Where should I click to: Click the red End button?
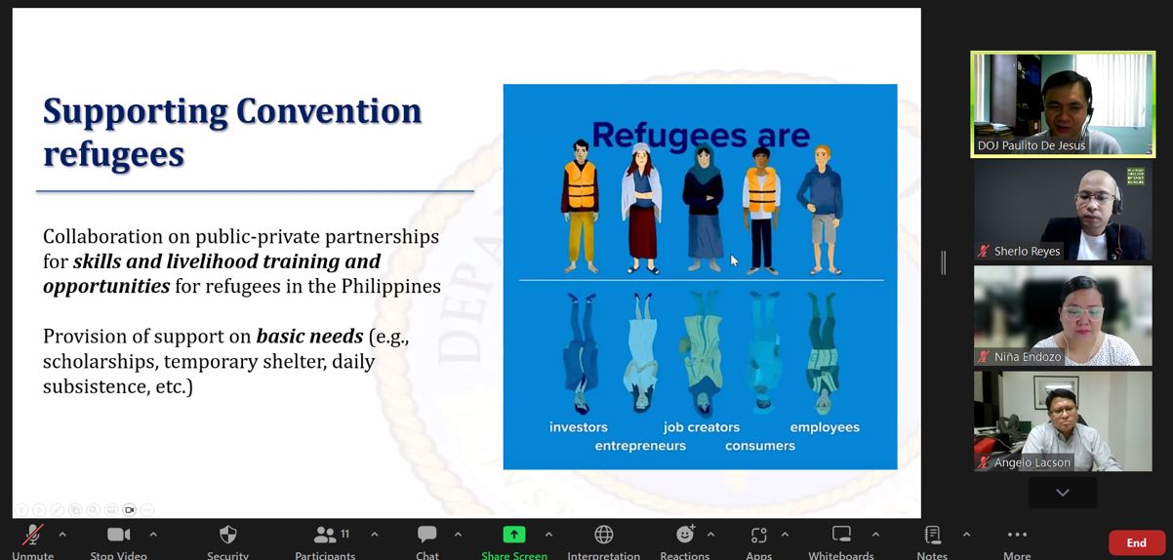1136,542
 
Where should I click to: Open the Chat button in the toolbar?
426,535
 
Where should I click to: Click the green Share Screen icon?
513,535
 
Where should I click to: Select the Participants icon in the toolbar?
325,535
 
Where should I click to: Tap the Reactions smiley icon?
685,535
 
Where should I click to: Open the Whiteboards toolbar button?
840,535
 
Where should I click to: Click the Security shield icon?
227,535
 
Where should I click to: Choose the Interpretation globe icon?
603,535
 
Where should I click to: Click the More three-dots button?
1016,535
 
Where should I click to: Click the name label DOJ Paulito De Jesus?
1031,146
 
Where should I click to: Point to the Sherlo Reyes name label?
1027,252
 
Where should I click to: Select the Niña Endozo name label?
1027,357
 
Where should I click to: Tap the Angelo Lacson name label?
1031,462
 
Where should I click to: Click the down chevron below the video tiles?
1062,493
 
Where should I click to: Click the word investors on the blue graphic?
578,427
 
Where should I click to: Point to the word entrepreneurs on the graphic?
640,446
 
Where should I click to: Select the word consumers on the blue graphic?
759,446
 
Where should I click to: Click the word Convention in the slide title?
327,111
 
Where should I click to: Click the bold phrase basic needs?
309,337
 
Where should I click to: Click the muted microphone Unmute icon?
32,535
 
